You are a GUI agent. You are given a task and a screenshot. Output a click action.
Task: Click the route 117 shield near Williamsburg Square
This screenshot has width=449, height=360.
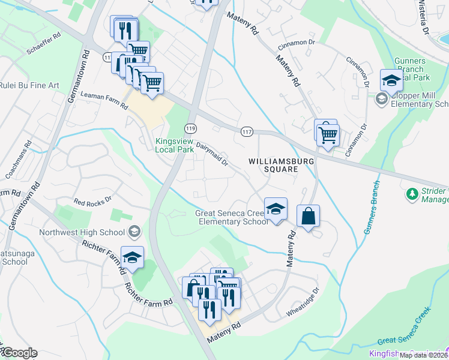[247, 131]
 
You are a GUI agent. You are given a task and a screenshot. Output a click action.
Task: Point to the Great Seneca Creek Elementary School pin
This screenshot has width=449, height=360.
[276, 209]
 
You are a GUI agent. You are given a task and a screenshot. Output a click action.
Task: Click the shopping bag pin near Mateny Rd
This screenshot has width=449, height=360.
[308, 217]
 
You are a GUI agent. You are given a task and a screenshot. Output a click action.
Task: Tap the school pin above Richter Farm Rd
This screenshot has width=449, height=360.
[132, 257]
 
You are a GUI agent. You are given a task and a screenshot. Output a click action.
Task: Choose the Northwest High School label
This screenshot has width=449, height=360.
[82, 232]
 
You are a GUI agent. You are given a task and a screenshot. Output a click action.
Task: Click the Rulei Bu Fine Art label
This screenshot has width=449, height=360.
[29, 86]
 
